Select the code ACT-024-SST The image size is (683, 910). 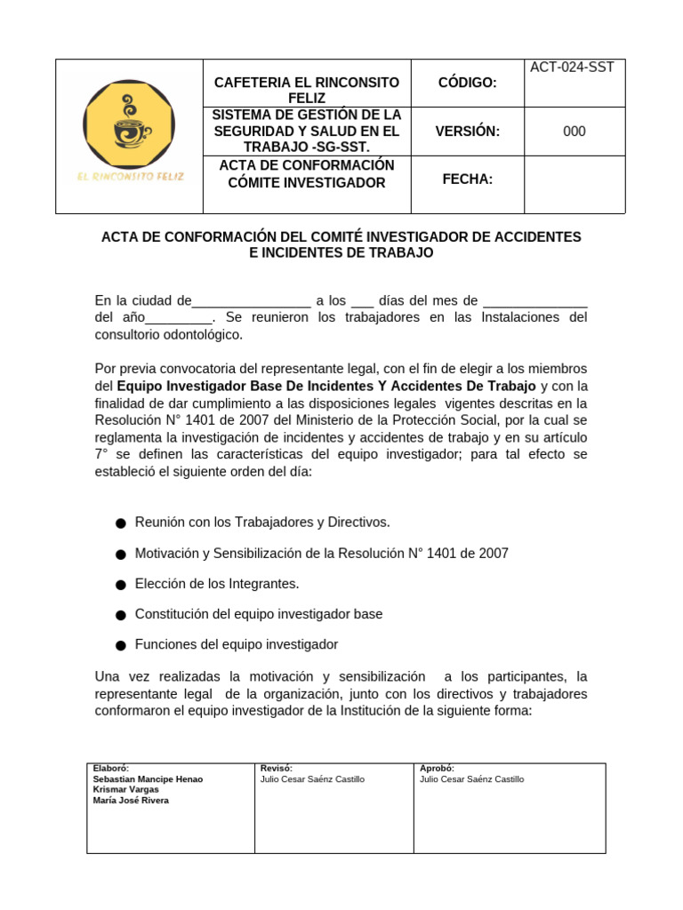pos(572,68)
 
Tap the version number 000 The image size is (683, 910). pos(575,132)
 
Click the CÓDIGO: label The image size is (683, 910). pos(467,83)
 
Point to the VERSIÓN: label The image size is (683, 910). pos(467,132)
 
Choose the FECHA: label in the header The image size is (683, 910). pos(467,180)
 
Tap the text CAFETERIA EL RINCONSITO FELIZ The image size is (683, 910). pos(307,91)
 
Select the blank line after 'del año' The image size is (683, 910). pos(179,318)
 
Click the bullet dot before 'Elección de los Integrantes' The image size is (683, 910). pos(120,585)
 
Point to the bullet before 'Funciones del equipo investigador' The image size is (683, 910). pos(120,645)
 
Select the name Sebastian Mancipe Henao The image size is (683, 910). pos(148,779)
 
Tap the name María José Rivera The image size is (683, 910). pos(131,800)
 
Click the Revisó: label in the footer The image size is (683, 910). pos(277,769)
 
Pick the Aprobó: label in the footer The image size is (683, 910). pos(437,769)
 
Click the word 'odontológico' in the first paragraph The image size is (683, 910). pos(203,335)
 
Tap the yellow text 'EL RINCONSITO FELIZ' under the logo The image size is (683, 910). pos(130,177)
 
